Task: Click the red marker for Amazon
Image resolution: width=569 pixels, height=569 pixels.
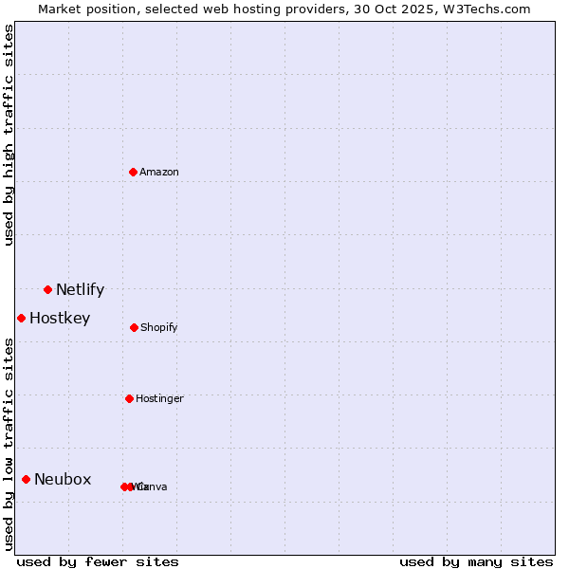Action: (x=133, y=172)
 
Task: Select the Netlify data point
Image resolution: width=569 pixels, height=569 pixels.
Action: (x=47, y=289)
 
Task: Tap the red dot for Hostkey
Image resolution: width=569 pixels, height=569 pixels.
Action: (x=21, y=318)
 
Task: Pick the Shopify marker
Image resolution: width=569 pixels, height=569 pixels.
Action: (x=134, y=327)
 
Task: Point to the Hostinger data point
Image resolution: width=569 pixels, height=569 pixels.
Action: (x=129, y=398)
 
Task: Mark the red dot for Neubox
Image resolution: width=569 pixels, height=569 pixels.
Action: (x=26, y=479)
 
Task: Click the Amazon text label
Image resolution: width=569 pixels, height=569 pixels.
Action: (x=159, y=173)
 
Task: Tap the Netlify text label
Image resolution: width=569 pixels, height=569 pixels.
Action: (x=80, y=290)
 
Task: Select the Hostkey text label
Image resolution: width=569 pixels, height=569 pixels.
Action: (x=60, y=319)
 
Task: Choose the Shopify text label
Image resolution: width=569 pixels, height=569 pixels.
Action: (x=159, y=328)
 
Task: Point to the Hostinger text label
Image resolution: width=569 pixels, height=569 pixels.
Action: (x=159, y=399)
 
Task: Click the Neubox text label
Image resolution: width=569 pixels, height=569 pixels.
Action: (x=63, y=480)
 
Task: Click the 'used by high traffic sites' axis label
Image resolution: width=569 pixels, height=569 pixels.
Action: (x=9, y=135)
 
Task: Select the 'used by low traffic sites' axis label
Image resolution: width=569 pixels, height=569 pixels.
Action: (x=9, y=444)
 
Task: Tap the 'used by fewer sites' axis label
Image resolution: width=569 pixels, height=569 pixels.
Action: (x=98, y=561)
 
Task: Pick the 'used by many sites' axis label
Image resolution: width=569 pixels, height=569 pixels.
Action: (x=476, y=561)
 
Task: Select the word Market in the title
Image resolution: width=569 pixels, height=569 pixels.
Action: (x=62, y=9)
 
